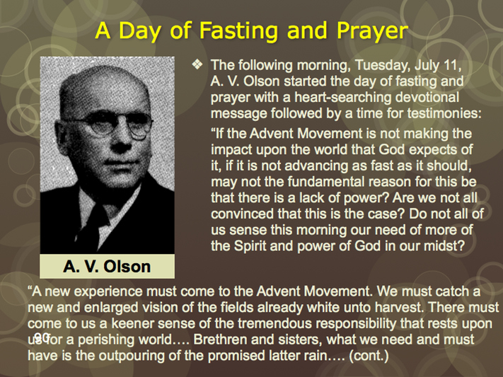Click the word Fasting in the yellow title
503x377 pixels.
point(238,31)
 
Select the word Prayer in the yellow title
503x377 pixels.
point(372,31)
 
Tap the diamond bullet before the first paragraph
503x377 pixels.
point(197,64)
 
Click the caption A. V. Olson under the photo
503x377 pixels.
point(107,267)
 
